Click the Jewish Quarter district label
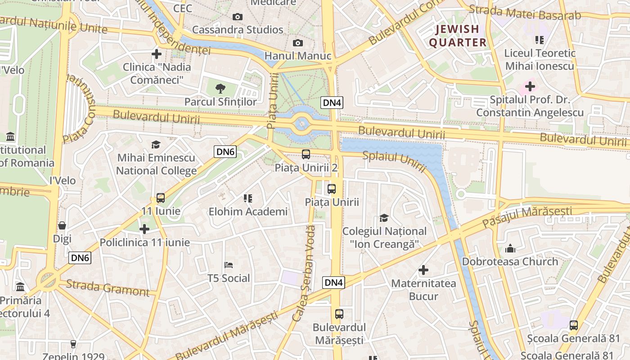pyautogui.click(x=457, y=36)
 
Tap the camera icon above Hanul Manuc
pyautogui.click(x=297, y=43)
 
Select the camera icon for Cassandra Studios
pyautogui.click(x=238, y=17)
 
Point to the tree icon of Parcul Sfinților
pyautogui.click(x=220, y=88)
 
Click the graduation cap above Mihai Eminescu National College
pyautogui.click(x=156, y=144)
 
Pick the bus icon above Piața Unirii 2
pyautogui.click(x=306, y=154)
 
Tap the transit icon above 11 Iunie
pyautogui.click(x=161, y=198)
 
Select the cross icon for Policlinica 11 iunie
pyautogui.click(x=144, y=229)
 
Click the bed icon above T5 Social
pyautogui.click(x=229, y=265)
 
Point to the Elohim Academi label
pyautogui.click(x=248, y=211)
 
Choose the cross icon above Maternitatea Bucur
pyautogui.click(x=423, y=270)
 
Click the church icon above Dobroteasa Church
pyautogui.click(x=510, y=248)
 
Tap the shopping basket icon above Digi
pyautogui.click(x=62, y=225)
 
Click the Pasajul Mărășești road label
pyautogui.click(x=527, y=216)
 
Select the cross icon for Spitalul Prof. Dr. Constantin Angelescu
pyautogui.click(x=530, y=86)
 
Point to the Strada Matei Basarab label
pyautogui.click(x=525, y=13)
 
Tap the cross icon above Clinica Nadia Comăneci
pyautogui.click(x=157, y=54)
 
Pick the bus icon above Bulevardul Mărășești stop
pyautogui.click(x=339, y=314)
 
